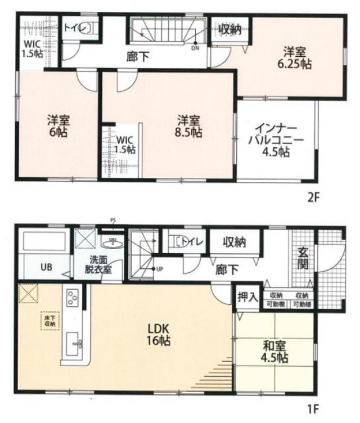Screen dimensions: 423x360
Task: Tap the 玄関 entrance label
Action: point(304,257)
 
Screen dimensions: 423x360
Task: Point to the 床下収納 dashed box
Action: point(48,320)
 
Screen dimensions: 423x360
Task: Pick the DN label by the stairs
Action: point(195,48)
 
